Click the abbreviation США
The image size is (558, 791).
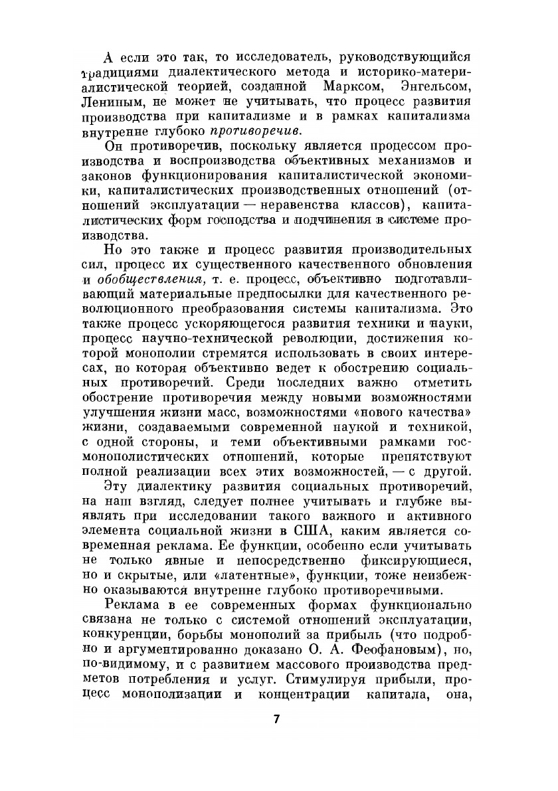pos(323,532)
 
